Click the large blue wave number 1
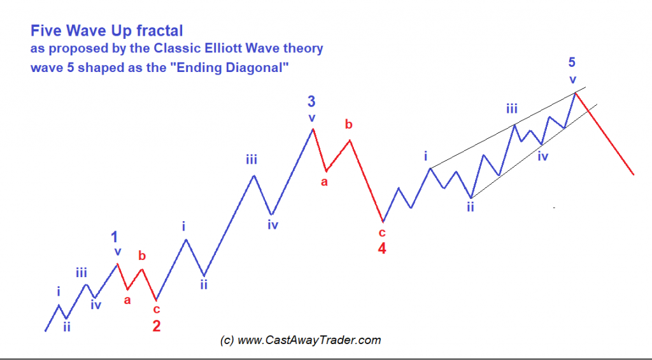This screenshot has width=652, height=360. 115,237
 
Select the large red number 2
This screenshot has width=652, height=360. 157,326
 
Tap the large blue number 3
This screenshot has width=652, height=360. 311,101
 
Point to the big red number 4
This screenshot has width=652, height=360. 382,248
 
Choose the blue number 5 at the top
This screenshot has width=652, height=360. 572,62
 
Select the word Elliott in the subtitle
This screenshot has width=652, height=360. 223,48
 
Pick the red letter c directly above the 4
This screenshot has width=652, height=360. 382,232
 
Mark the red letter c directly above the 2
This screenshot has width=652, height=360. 157,310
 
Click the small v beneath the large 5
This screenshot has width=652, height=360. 573,80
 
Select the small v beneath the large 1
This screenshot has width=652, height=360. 118,252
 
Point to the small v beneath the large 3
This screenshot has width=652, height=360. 312,118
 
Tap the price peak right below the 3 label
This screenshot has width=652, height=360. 313,129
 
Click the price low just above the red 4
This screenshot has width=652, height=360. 383,221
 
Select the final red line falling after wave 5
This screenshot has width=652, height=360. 605,134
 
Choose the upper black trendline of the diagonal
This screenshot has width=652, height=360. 507,128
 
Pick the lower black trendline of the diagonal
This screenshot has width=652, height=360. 534,150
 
